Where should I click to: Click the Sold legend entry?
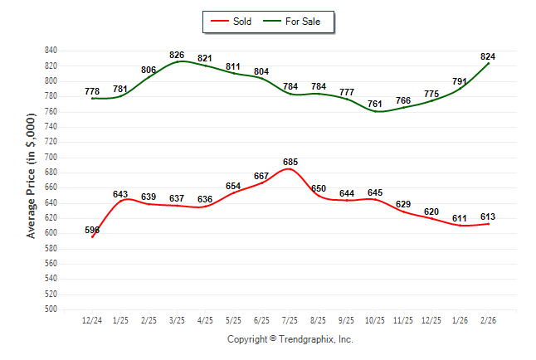(242, 22)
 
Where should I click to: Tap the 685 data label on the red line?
(290, 162)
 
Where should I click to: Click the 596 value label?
(92, 230)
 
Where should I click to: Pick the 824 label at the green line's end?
(488, 56)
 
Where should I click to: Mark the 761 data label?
(375, 104)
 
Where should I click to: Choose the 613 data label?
(488, 216)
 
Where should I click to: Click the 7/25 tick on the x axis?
(290, 319)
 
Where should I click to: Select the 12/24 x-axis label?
(92, 319)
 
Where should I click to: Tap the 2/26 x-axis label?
(488, 319)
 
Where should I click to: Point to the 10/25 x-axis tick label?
(375, 319)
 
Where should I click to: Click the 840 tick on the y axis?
(51, 51)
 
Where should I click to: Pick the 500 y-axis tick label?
(51, 309)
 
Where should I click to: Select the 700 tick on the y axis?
(51, 157)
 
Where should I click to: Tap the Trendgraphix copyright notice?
(290, 339)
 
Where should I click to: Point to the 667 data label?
(261, 176)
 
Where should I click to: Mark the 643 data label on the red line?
(120, 194)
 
